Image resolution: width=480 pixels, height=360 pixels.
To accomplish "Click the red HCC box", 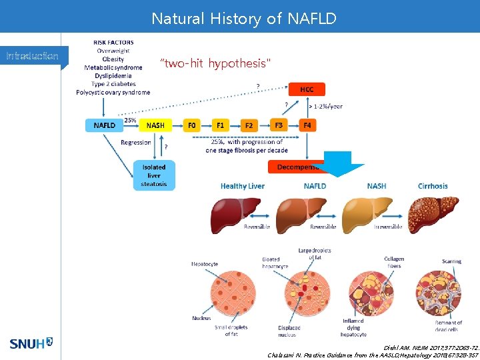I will (307, 89).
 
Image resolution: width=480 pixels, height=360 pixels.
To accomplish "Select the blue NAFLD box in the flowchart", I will (104, 125).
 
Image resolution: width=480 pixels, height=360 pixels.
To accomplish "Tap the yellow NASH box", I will (155, 125).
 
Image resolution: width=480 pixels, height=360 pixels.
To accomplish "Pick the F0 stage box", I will (192, 125).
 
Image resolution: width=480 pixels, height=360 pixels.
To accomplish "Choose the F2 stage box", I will (249, 125).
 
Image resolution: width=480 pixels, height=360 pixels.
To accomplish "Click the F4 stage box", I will (307, 125).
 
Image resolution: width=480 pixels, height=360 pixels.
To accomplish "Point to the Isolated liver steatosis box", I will (154, 175).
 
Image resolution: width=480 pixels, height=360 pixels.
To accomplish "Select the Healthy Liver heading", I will (243, 186).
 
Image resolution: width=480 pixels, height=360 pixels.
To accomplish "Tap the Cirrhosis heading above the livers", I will (433, 186).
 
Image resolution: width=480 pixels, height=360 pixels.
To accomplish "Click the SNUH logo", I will (31, 344).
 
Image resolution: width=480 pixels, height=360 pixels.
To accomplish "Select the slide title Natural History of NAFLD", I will (244, 18).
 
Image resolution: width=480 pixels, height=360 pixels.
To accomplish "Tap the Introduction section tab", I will (32, 56).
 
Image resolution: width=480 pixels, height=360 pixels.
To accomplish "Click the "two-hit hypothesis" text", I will (216, 63).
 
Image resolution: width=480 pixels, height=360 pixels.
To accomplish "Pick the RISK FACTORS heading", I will (113, 43).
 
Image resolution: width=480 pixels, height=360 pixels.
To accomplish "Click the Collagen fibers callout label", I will (394, 262).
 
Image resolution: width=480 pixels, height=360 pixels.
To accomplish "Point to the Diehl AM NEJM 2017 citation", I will (432, 347).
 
